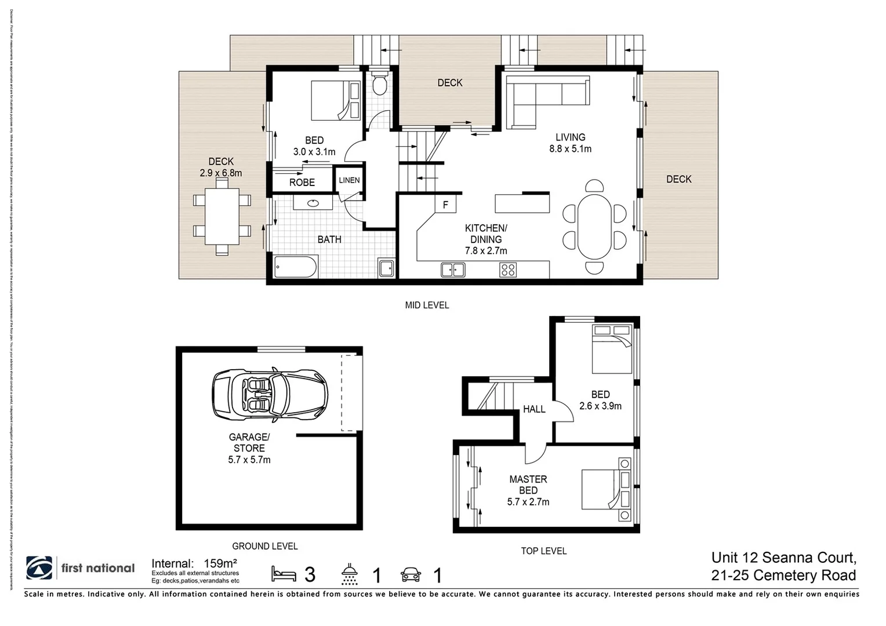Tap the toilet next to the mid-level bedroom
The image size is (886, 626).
click(x=380, y=84)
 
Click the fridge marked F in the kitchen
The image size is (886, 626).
click(x=445, y=204)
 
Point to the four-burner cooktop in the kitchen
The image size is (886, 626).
click(x=508, y=270)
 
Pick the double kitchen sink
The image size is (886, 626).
click(x=452, y=270)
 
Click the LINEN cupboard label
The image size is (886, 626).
click(x=349, y=180)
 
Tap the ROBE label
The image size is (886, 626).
click(x=302, y=182)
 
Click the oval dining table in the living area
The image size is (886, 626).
click(x=594, y=227)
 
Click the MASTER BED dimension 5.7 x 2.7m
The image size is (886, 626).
click(x=528, y=502)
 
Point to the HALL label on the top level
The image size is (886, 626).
click(x=534, y=409)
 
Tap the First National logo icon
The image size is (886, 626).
click(x=39, y=568)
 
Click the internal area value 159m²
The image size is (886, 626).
click(x=220, y=563)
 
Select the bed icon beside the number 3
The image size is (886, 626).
click(x=284, y=574)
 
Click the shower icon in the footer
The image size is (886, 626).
click(x=350, y=574)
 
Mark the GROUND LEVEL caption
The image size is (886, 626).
click(x=265, y=546)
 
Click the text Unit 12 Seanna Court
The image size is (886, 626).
click(x=783, y=558)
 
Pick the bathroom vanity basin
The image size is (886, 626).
click(x=313, y=203)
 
